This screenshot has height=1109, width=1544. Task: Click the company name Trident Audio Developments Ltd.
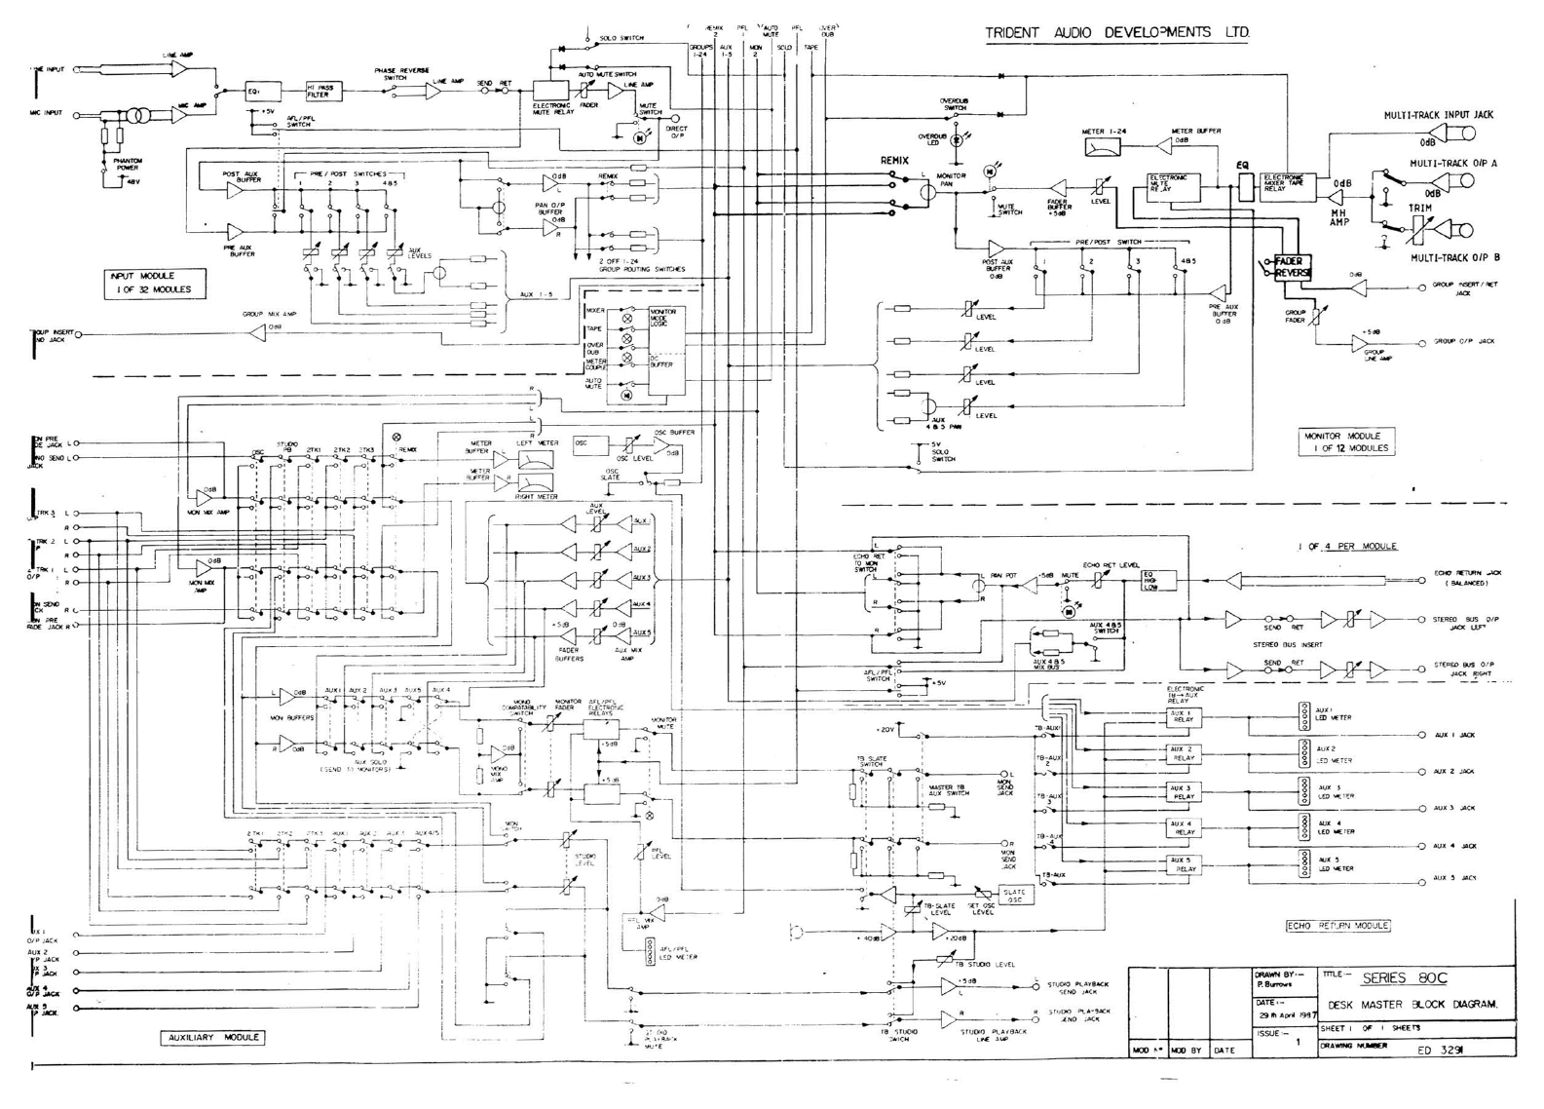pos(1116,32)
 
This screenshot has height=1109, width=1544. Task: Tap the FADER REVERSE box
pos(1293,267)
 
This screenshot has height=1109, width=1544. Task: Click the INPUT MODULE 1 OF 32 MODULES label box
pos(153,283)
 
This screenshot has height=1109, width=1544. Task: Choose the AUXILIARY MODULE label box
pos(211,1037)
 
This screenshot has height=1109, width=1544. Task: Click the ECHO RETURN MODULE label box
pos(1337,925)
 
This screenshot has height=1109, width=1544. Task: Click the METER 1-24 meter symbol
pos(1103,147)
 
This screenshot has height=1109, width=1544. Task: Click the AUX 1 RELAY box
pos(1183,716)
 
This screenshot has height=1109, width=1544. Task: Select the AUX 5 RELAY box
pos(1183,863)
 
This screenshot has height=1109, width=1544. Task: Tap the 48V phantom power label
pos(132,181)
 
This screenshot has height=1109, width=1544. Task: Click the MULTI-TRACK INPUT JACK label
pos(1438,114)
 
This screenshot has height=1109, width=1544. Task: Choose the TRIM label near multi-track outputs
pos(1419,208)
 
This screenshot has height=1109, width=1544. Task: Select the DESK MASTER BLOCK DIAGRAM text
pos(1412,1005)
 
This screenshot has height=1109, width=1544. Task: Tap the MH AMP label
pos(1340,216)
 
